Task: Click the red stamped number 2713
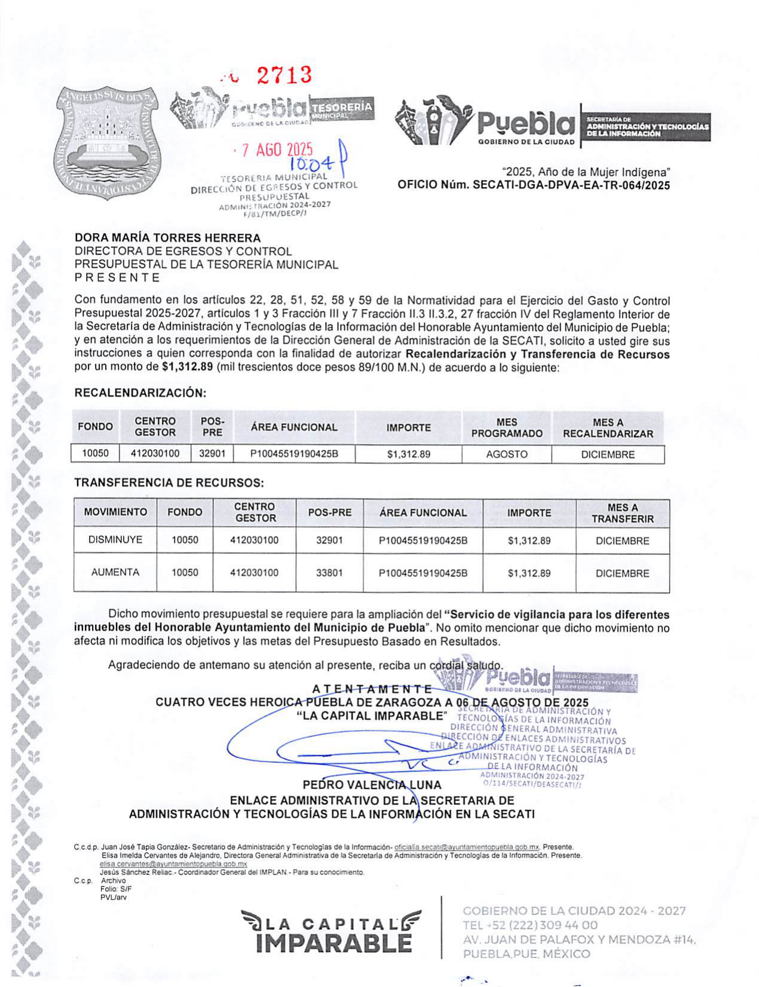coord(284,75)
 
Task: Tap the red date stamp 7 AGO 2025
coord(277,149)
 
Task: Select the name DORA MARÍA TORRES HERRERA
coord(168,238)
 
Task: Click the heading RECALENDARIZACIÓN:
coord(140,393)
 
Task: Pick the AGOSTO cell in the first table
coord(506,454)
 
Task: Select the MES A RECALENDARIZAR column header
coord(608,428)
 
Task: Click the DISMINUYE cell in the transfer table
coord(115,540)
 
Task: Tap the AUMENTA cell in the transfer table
coord(115,572)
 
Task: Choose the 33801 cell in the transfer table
coord(329,573)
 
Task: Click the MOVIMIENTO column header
coord(115,512)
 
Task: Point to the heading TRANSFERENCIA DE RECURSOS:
coord(169,482)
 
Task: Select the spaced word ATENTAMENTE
coord(372,689)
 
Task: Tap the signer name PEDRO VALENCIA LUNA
coord(372,785)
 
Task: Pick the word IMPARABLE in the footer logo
coord(333,943)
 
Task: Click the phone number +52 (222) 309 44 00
coord(531,925)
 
